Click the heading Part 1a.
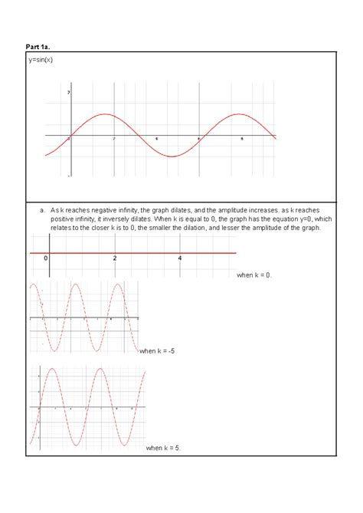(38, 46)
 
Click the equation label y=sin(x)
(42, 59)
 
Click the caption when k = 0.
(255, 275)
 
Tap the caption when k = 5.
(163, 447)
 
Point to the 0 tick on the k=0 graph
(46, 258)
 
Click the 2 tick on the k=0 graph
(115, 258)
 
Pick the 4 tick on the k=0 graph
(180, 258)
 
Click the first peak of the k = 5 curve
(51, 370)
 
